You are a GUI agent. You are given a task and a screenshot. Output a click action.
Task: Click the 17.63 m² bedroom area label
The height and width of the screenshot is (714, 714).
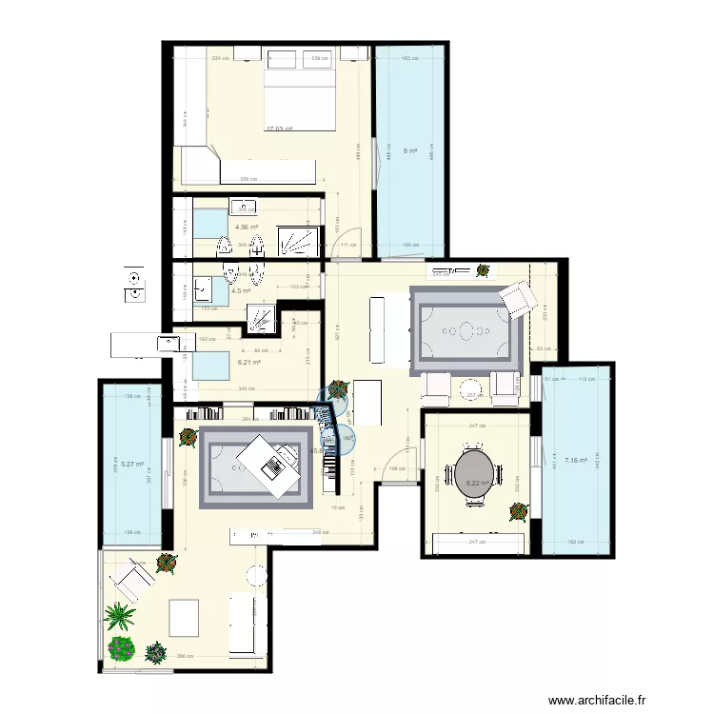pos(279,129)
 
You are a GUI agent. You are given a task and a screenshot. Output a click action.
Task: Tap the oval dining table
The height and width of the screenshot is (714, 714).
pos(476,470)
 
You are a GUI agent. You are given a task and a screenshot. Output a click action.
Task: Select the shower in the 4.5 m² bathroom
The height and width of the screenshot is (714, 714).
pos(261,317)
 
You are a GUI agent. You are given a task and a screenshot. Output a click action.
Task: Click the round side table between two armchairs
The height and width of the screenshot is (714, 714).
pos(470,387)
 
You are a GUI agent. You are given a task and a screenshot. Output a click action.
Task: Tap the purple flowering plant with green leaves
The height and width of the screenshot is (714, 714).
pos(122,649)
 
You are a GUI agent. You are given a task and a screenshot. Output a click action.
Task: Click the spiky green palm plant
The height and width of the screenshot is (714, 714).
pos(120,617)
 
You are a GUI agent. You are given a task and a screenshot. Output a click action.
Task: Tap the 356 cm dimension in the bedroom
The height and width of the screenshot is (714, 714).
pos(249,178)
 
